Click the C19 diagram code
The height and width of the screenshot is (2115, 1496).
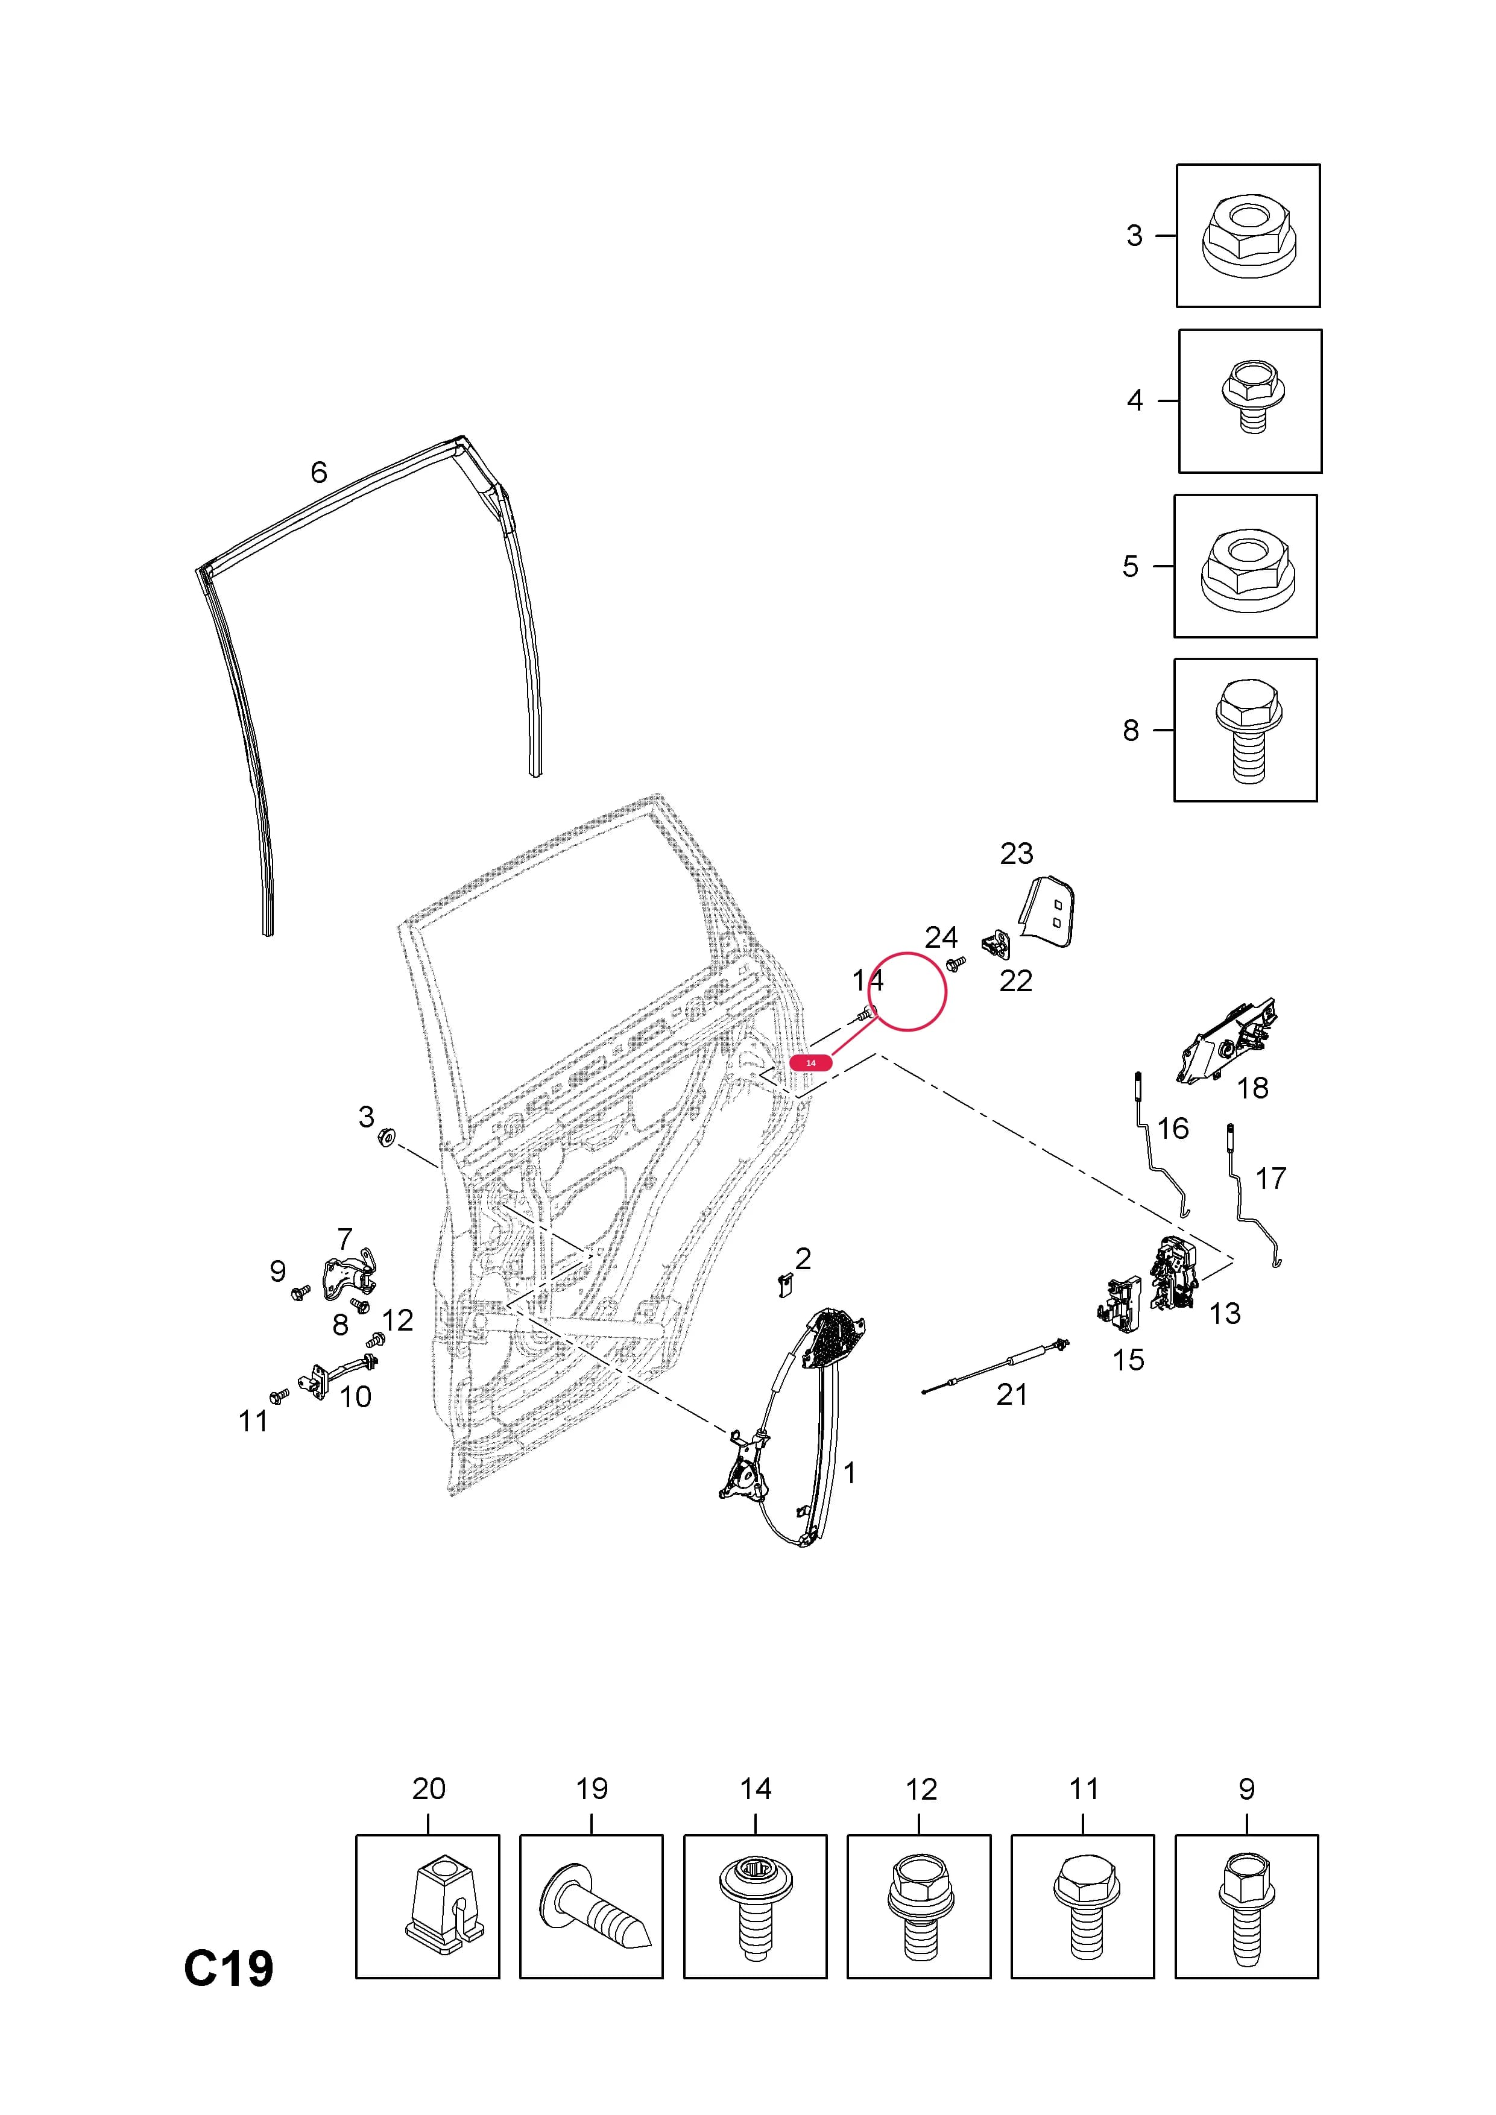click(229, 1968)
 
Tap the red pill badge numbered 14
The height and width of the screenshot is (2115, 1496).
click(810, 1062)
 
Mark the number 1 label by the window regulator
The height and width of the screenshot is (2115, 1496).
click(850, 1473)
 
